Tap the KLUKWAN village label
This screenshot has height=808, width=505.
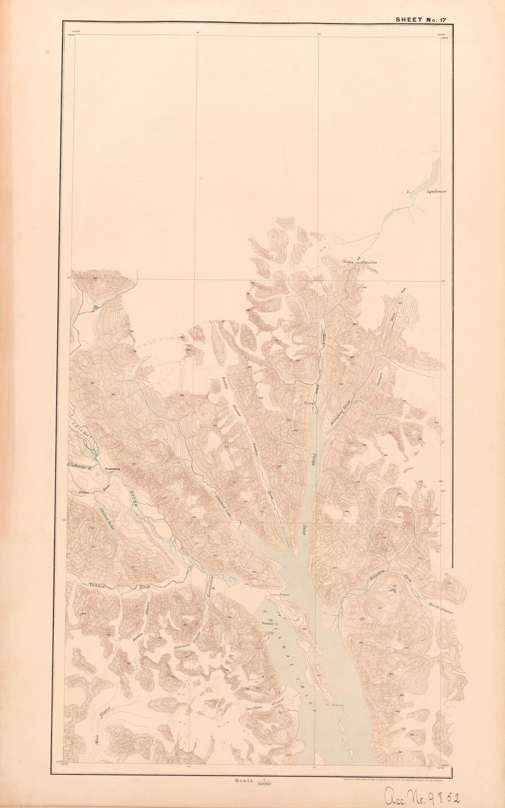click(x=112, y=469)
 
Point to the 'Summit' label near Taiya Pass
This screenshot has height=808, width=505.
click(x=349, y=262)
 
